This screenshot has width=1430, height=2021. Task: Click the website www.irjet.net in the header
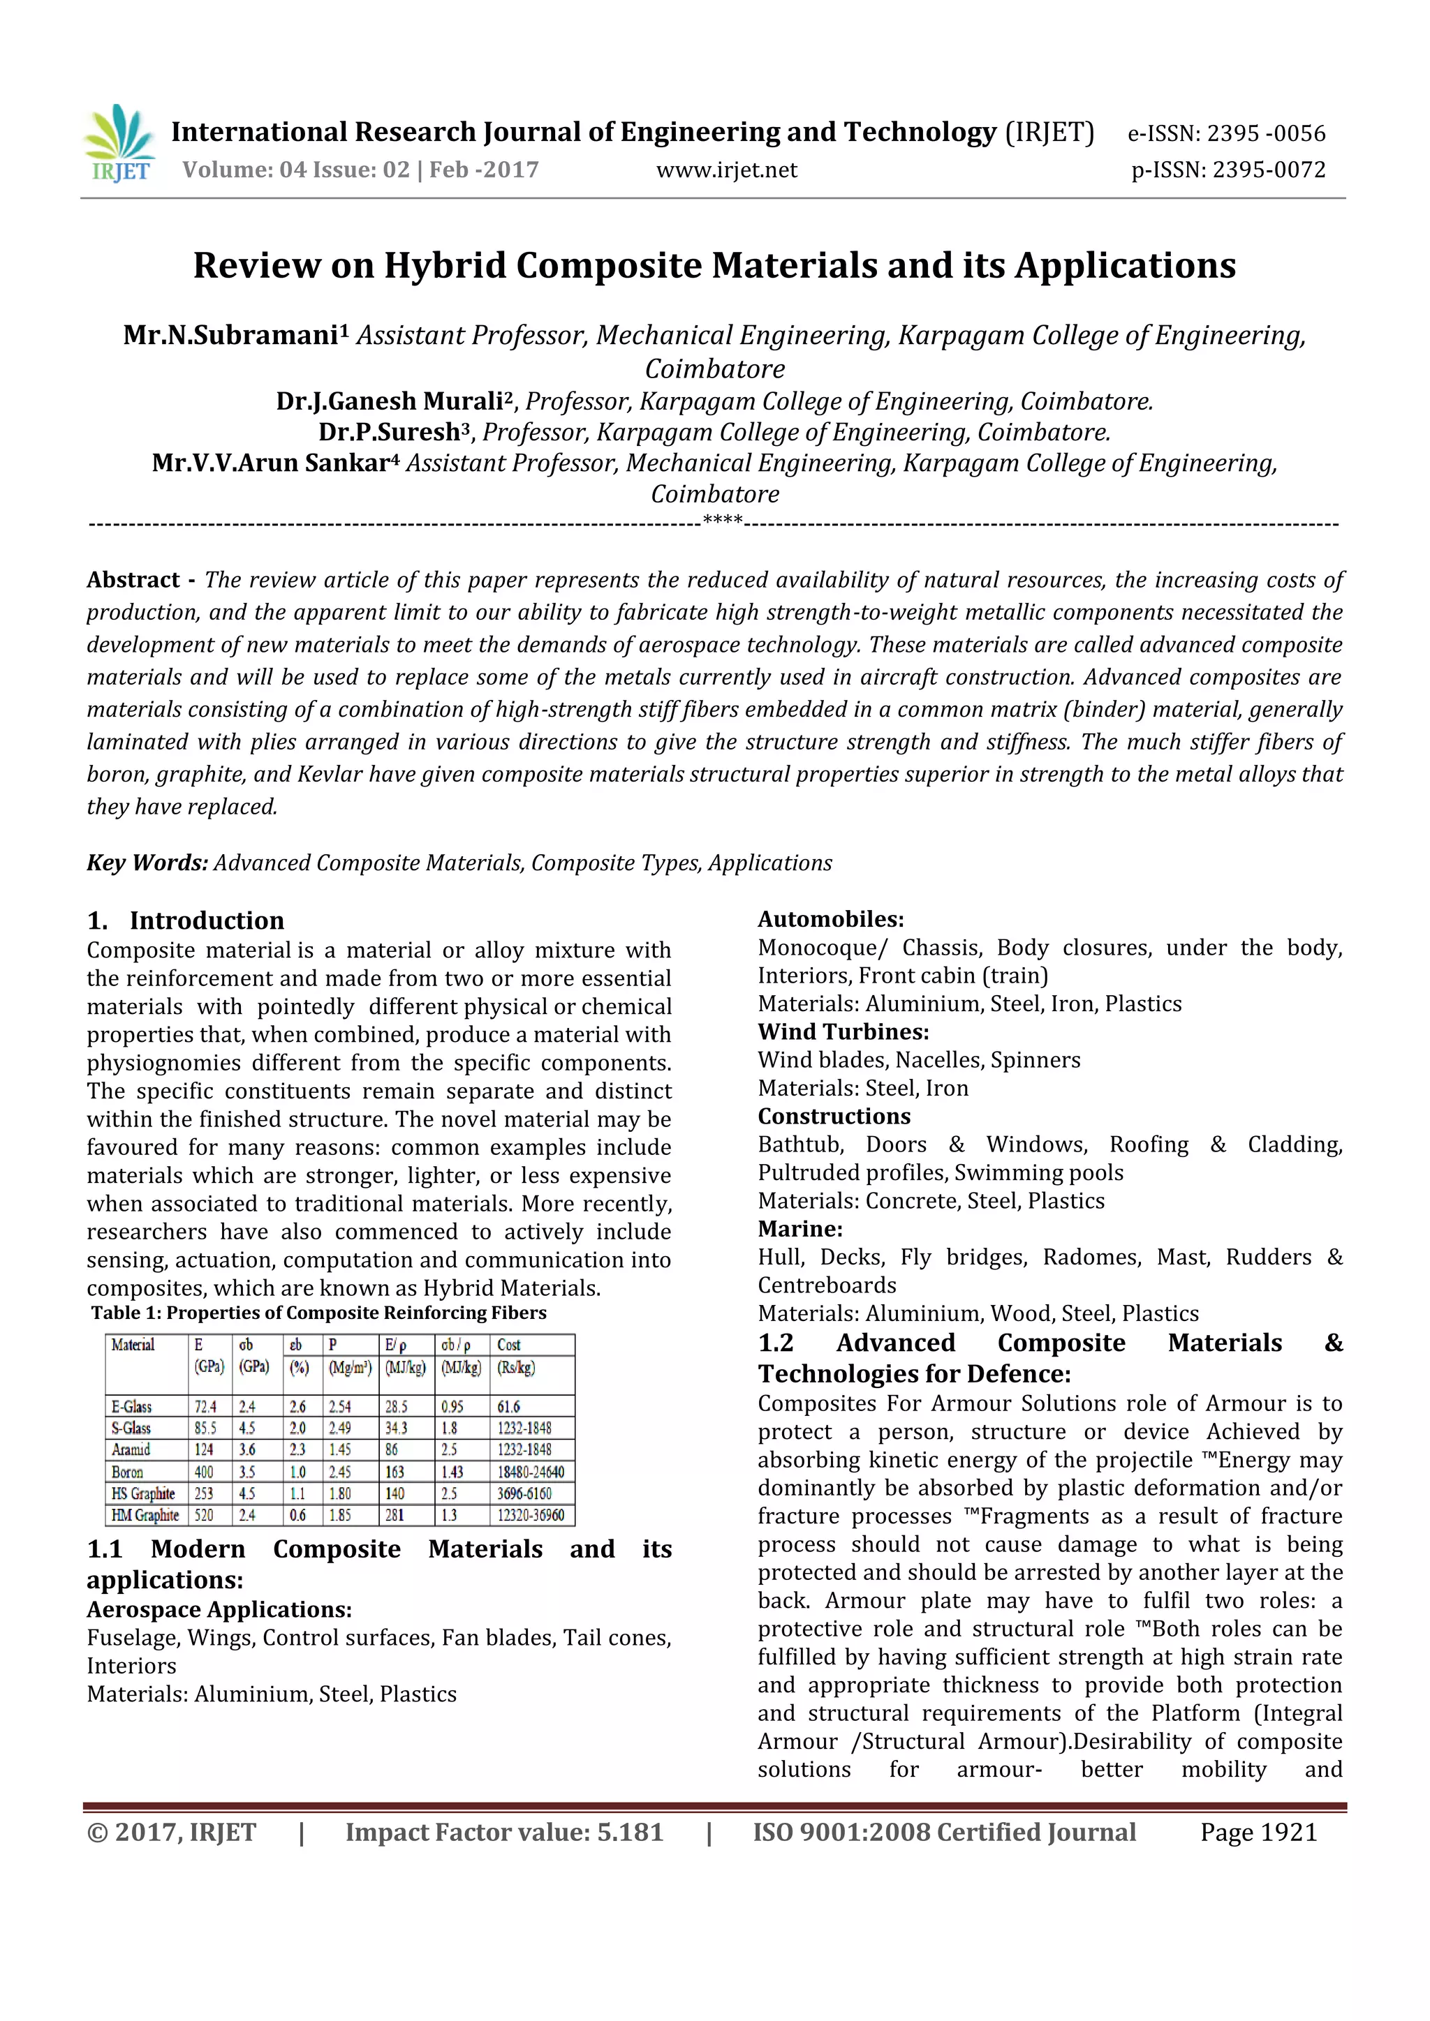[726, 170]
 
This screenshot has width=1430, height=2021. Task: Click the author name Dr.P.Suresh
[389, 432]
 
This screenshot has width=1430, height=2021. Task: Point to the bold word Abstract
[133, 580]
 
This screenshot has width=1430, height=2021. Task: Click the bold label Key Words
[146, 863]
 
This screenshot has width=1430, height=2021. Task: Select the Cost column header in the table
[509, 1345]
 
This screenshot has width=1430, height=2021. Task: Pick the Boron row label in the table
[128, 1472]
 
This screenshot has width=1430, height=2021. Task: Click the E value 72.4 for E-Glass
[205, 1407]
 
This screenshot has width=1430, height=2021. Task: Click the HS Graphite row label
[144, 1493]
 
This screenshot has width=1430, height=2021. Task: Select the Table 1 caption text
[319, 1313]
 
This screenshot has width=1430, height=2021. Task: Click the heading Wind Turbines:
[843, 1031]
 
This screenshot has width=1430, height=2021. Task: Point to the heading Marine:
[799, 1229]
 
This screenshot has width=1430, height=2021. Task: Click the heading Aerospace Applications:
[219, 1609]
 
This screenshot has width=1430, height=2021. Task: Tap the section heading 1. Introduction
[186, 920]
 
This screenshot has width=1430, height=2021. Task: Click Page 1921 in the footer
[1258, 1832]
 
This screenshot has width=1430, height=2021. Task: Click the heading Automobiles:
[830, 919]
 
